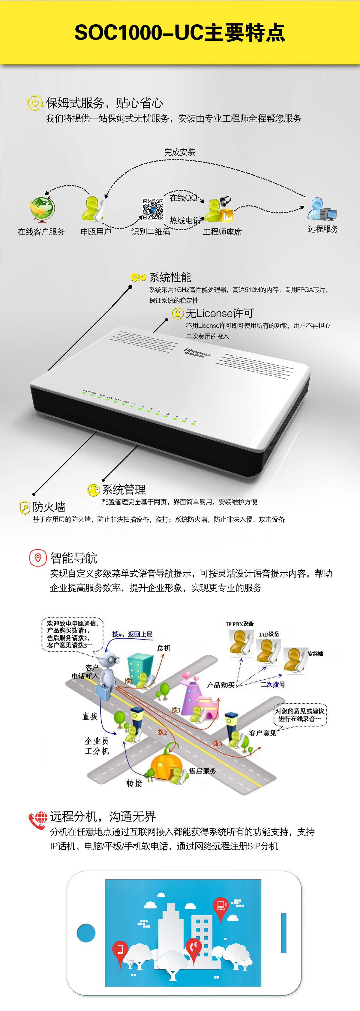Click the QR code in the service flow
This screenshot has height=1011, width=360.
[x=153, y=209]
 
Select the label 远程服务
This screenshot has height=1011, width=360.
[x=323, y=229]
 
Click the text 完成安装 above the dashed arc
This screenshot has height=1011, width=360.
[x=180, y=152]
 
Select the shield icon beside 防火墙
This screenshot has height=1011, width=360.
[x=25, y=508]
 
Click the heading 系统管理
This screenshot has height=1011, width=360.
[x=124, y=489]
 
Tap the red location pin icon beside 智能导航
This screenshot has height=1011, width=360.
[x=38, y=557]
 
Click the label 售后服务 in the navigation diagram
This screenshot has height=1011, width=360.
[x=202, y=771]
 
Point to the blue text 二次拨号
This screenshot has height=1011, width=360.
[x=273, y=684]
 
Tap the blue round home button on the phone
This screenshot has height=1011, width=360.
[x=86, y=933]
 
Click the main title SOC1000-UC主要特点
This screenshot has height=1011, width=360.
[x=180, y=33]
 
